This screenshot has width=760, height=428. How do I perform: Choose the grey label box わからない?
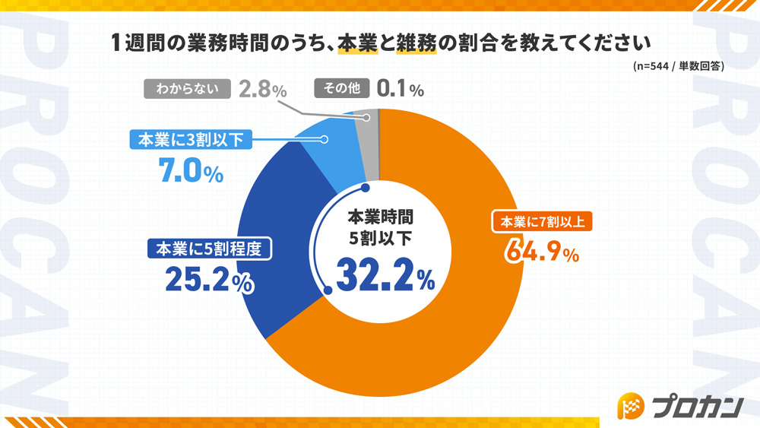tap(186, 89)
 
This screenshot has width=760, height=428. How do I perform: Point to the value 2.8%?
tap(262, 90)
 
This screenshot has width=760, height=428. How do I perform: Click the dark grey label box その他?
tap(341, 89)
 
